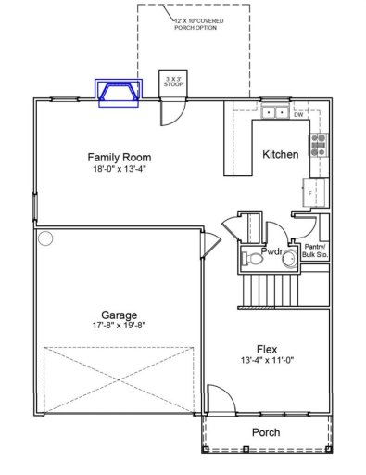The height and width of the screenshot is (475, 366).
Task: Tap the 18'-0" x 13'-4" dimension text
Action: click(x=120, y=170)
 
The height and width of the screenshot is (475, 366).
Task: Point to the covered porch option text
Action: click(x=198, y=23)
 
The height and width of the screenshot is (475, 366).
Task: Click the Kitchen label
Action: click(x=280, y=154)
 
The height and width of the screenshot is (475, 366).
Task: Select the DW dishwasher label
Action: click(x=298, y=115)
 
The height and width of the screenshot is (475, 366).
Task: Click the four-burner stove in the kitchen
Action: click(x=318, y=144)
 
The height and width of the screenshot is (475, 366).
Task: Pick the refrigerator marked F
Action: click(x=312, y=191)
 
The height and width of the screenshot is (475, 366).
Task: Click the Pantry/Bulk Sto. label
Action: click(x=316, y=250)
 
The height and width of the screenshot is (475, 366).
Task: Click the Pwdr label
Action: click(x=271, y=251)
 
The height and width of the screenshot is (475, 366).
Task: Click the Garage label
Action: click(x=119, y=314)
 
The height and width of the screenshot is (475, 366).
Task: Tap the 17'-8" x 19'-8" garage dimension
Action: click(x=119, y=326)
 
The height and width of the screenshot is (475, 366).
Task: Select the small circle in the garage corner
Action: click(x=45, y=237)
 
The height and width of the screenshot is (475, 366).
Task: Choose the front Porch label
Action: click(x=267, y=432)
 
